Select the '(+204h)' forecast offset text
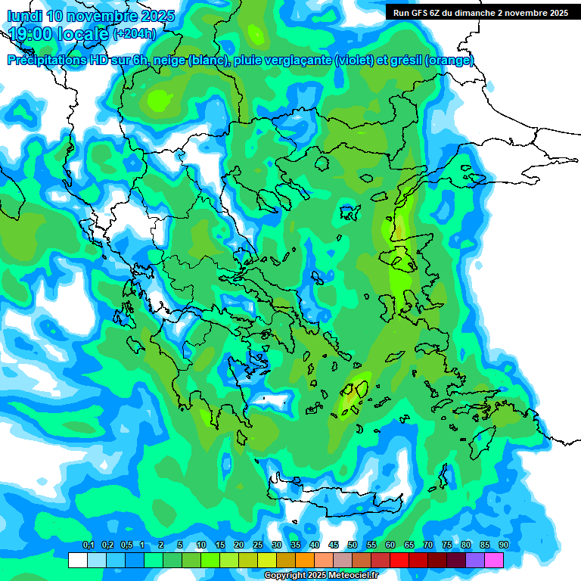pos(135,33)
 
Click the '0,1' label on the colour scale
pos(88,545)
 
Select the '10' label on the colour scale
pos(201,545)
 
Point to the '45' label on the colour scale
pos(334,545)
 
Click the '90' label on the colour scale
pos(504,545)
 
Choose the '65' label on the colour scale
pos(409,545)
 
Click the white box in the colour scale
pos(77,560)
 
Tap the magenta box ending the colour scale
pos(494,560)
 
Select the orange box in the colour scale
pos(305,560)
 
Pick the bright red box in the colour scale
pos(399,560)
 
